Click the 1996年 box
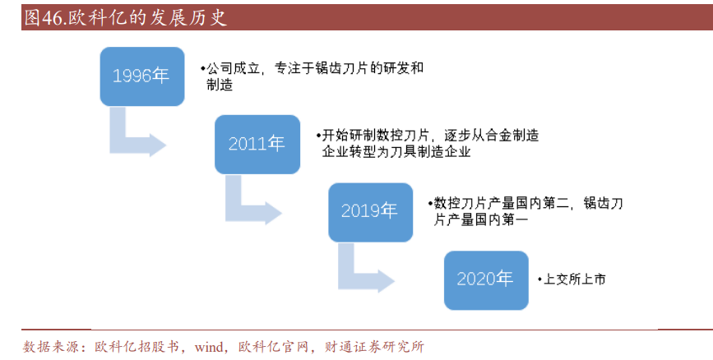pos(141,76)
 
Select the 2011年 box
pos(257,144)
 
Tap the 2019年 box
pos(369,211)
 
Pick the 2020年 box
pos(485,279)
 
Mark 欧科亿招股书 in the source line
pos(137,347)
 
